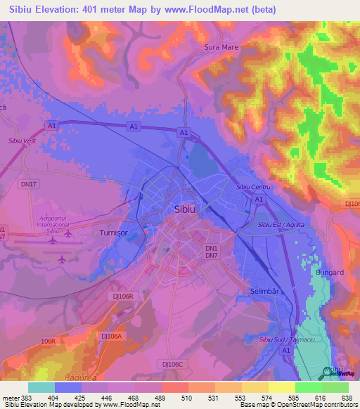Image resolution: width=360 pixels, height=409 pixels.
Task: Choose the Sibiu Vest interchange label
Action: tap(22, 141)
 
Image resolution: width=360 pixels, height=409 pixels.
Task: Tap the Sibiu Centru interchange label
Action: tap(253, 187)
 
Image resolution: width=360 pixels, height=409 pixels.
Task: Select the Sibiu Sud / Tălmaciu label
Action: tap(287, 339)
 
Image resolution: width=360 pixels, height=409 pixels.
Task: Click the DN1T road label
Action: tap(29, 183)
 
